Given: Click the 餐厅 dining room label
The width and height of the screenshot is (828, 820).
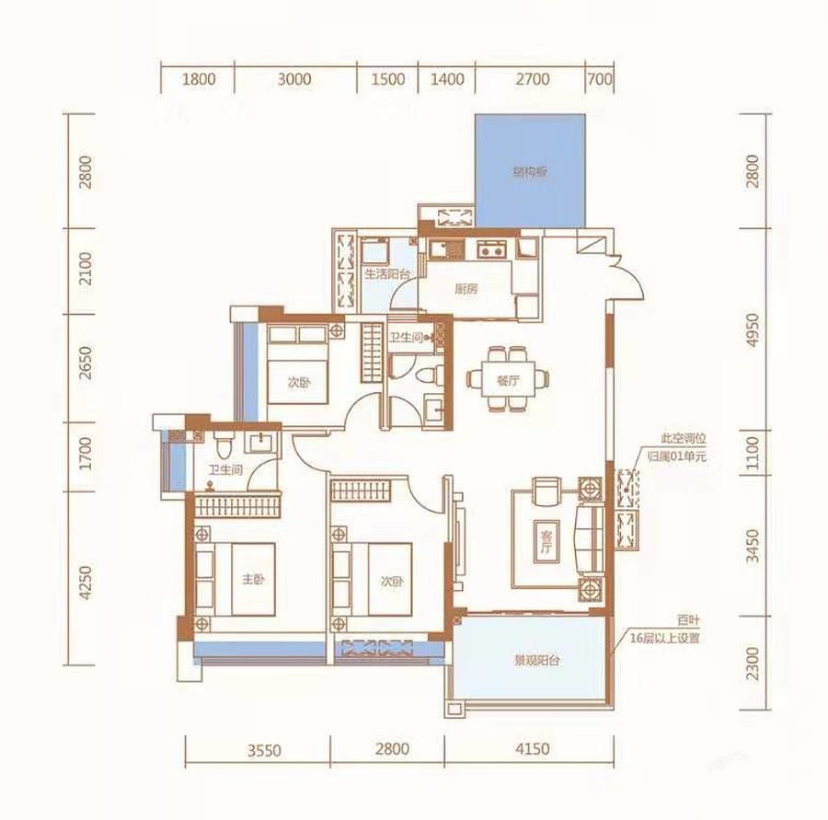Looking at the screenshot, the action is coord(508,380).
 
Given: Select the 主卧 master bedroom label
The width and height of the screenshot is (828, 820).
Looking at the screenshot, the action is coord(253,580).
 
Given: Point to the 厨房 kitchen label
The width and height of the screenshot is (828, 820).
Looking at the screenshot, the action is coord(466,288).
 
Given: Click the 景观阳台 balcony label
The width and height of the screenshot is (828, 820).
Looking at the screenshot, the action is coord(537,661).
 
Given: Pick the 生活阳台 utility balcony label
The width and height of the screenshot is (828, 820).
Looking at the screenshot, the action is coord(387,274).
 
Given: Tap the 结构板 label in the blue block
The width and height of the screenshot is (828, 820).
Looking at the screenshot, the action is coord(530,172).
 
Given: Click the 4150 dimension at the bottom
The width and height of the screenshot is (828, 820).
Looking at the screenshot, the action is coord(532,748).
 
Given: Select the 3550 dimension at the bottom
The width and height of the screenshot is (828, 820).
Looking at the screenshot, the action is coord(264,750).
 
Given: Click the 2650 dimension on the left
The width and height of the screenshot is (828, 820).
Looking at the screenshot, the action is coord(85,363).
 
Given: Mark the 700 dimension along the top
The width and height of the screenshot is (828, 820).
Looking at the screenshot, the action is coord(600,79).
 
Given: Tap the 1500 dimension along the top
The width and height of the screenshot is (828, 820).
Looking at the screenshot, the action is coord(387,79).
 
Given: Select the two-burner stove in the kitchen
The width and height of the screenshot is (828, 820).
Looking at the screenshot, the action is coord(491,248).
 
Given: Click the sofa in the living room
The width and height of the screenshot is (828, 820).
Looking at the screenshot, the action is coord(591,539).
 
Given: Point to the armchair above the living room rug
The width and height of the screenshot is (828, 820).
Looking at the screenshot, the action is coord(547,491).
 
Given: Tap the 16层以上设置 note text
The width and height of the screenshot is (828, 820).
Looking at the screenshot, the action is coord(664,639).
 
